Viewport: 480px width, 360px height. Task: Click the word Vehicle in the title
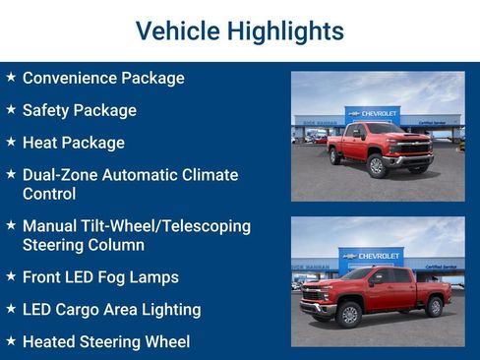click(177, 31)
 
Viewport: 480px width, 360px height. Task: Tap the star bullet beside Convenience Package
click(10, 77)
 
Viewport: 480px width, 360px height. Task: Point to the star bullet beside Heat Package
click(10, 142)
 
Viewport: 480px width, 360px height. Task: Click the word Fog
click(121, 277)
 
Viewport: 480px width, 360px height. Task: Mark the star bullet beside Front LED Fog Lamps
click(10, 276)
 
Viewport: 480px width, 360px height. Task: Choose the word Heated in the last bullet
click(52, 342)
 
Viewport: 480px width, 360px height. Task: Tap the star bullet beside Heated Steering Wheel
click(10, 341)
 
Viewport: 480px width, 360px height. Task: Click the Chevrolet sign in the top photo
click(372, 114)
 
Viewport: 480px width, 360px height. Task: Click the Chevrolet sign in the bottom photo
click(371, 256)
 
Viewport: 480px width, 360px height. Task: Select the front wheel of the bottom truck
click(349, 315)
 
